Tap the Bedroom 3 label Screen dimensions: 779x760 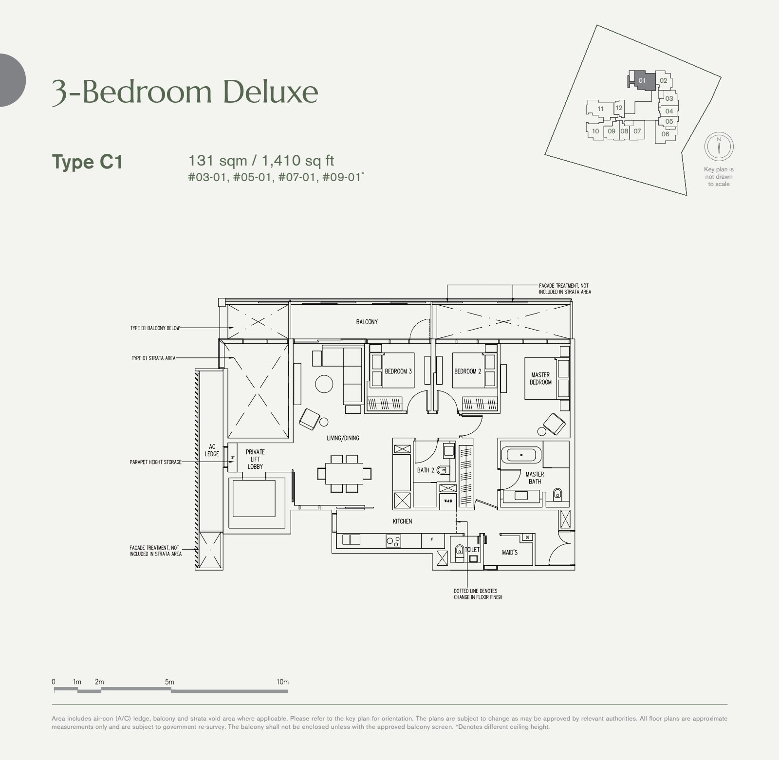tap(398, 371)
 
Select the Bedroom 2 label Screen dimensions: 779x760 tap(467, 371)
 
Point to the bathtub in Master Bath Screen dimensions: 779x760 tap(521, 455)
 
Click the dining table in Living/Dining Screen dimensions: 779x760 tap(344, 473)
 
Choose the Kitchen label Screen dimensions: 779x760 tap(402, 521)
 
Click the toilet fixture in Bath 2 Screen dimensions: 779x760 tap(442, 470)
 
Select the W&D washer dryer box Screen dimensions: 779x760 tap(447, 501)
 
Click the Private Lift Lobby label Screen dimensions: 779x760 tap(255, 459)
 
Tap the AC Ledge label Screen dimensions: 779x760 tap(212, 450)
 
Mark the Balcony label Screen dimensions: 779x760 tap(367, 322)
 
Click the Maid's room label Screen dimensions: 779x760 tap(510, 553)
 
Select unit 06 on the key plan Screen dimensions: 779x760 tap(666, 134)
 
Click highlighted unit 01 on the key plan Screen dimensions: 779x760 tap(642, 80)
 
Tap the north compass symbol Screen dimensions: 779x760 tap(719, 146)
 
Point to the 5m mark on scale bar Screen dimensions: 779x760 tap(169, 682)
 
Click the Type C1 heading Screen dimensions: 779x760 tap(87, 162)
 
